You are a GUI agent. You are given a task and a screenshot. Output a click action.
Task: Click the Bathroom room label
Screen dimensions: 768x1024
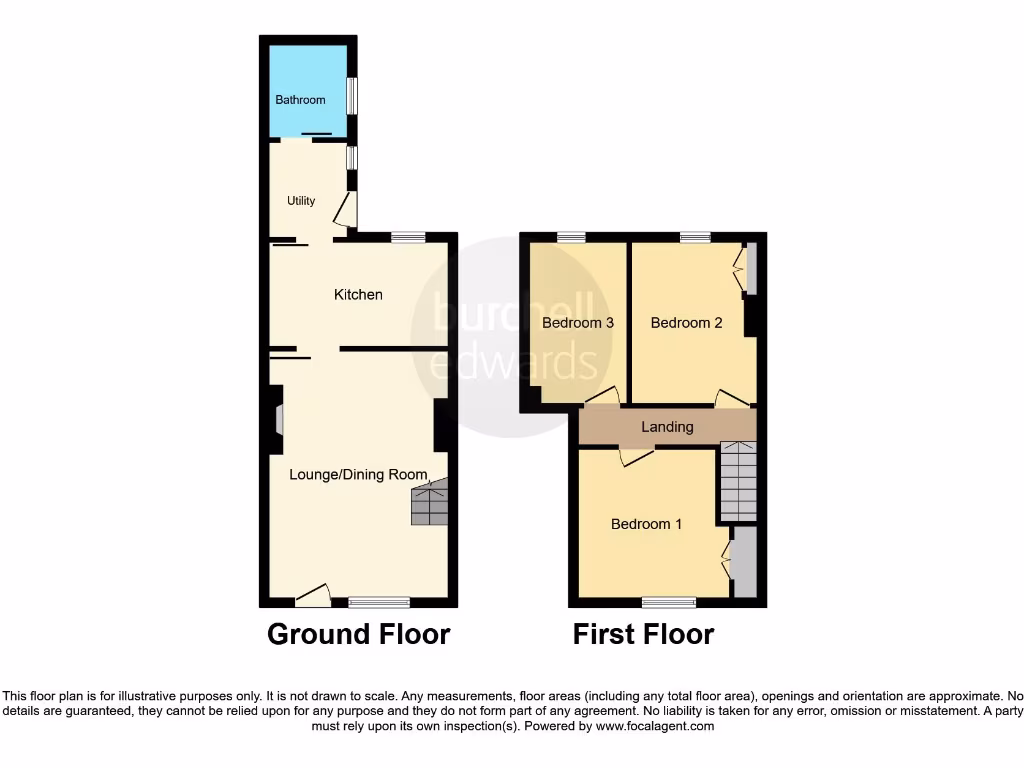coord(300,100)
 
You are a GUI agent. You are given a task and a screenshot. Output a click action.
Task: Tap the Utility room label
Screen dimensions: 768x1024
coord(301,201)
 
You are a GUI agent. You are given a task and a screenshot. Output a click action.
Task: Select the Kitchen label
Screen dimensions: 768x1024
coord(358,295)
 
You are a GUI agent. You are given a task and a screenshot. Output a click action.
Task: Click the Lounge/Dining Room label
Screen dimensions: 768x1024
coord(358,475)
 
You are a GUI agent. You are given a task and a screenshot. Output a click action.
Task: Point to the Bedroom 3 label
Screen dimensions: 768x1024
coord(577,323)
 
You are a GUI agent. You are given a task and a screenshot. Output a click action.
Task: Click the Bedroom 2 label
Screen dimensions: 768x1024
coord(686,323)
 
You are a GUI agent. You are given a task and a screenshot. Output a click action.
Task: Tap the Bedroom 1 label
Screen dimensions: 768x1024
coord(646,524)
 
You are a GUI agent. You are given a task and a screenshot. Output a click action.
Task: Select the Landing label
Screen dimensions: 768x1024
coord(667,427)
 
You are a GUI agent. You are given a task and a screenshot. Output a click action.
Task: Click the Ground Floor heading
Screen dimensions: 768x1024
coord(358,634)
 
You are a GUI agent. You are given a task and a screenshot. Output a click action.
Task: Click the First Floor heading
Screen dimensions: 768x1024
coord(643,634)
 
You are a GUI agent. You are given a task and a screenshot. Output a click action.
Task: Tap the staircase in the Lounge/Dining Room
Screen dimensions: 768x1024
coord(429,503)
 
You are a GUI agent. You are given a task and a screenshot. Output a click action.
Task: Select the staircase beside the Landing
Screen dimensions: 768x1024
coord(738,482)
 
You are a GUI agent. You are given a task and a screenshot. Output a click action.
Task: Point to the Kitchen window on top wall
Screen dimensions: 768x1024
coord(407,237)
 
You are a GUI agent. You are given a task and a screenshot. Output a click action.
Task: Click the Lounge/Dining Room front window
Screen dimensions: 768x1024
coord(379,602)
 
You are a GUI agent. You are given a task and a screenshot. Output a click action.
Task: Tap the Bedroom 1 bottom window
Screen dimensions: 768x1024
coord(668,602)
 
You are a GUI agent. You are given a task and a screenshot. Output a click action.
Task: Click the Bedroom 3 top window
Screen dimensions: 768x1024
coord(571,237)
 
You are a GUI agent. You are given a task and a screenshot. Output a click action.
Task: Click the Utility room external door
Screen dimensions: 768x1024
coord(343,210)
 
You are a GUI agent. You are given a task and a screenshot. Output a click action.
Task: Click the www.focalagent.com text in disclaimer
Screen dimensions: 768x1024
coord(654,727)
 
